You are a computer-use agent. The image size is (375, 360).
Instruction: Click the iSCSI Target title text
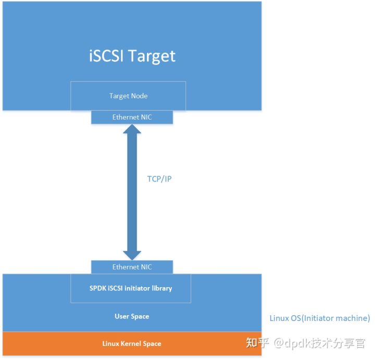coord(132,55)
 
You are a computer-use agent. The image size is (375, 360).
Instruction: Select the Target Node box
coord(128,96)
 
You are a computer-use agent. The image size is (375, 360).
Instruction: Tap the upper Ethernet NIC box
coord(132,117)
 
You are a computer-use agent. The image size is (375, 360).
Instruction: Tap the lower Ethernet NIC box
coord(132,267)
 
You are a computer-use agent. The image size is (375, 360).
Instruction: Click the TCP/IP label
coord(159,178)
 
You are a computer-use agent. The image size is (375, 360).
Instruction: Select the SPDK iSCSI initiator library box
coord(131,288)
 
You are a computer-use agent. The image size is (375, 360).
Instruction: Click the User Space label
coord(132,316)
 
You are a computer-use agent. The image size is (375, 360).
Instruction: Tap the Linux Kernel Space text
coord(131,343)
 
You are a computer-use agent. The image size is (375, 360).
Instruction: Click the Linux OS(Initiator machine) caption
coord(319,318)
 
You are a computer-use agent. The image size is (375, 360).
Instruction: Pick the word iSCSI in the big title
coord(107,55)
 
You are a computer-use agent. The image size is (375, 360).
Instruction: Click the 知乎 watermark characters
coord(258,343)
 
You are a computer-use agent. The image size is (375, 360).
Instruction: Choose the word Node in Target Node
coord(139,96)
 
